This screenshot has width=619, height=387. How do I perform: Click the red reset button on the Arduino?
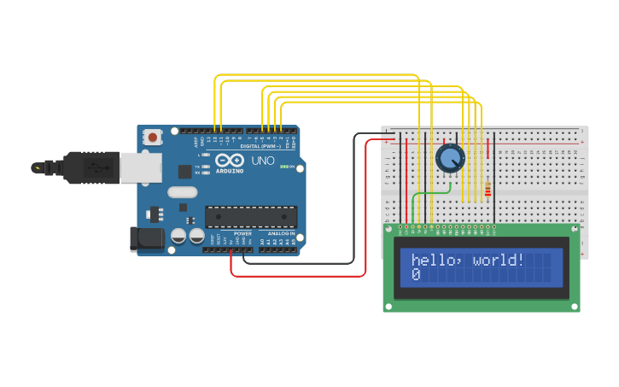153,137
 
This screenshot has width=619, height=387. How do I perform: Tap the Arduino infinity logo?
229,160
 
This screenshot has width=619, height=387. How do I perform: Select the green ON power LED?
284,167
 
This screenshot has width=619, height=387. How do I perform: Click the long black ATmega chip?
251,217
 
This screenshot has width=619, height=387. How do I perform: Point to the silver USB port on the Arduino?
140,167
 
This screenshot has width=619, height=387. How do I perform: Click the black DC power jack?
146,239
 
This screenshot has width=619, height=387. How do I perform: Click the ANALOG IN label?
280,233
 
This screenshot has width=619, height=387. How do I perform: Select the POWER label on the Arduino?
242,233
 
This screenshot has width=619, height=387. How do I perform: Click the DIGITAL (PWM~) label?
260,145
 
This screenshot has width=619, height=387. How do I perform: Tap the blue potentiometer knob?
450,158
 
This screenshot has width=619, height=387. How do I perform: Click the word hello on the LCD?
435,260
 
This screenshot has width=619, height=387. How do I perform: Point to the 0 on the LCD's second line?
416,275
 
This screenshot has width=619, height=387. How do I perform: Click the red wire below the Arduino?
299,276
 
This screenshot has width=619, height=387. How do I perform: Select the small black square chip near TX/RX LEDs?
184,171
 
